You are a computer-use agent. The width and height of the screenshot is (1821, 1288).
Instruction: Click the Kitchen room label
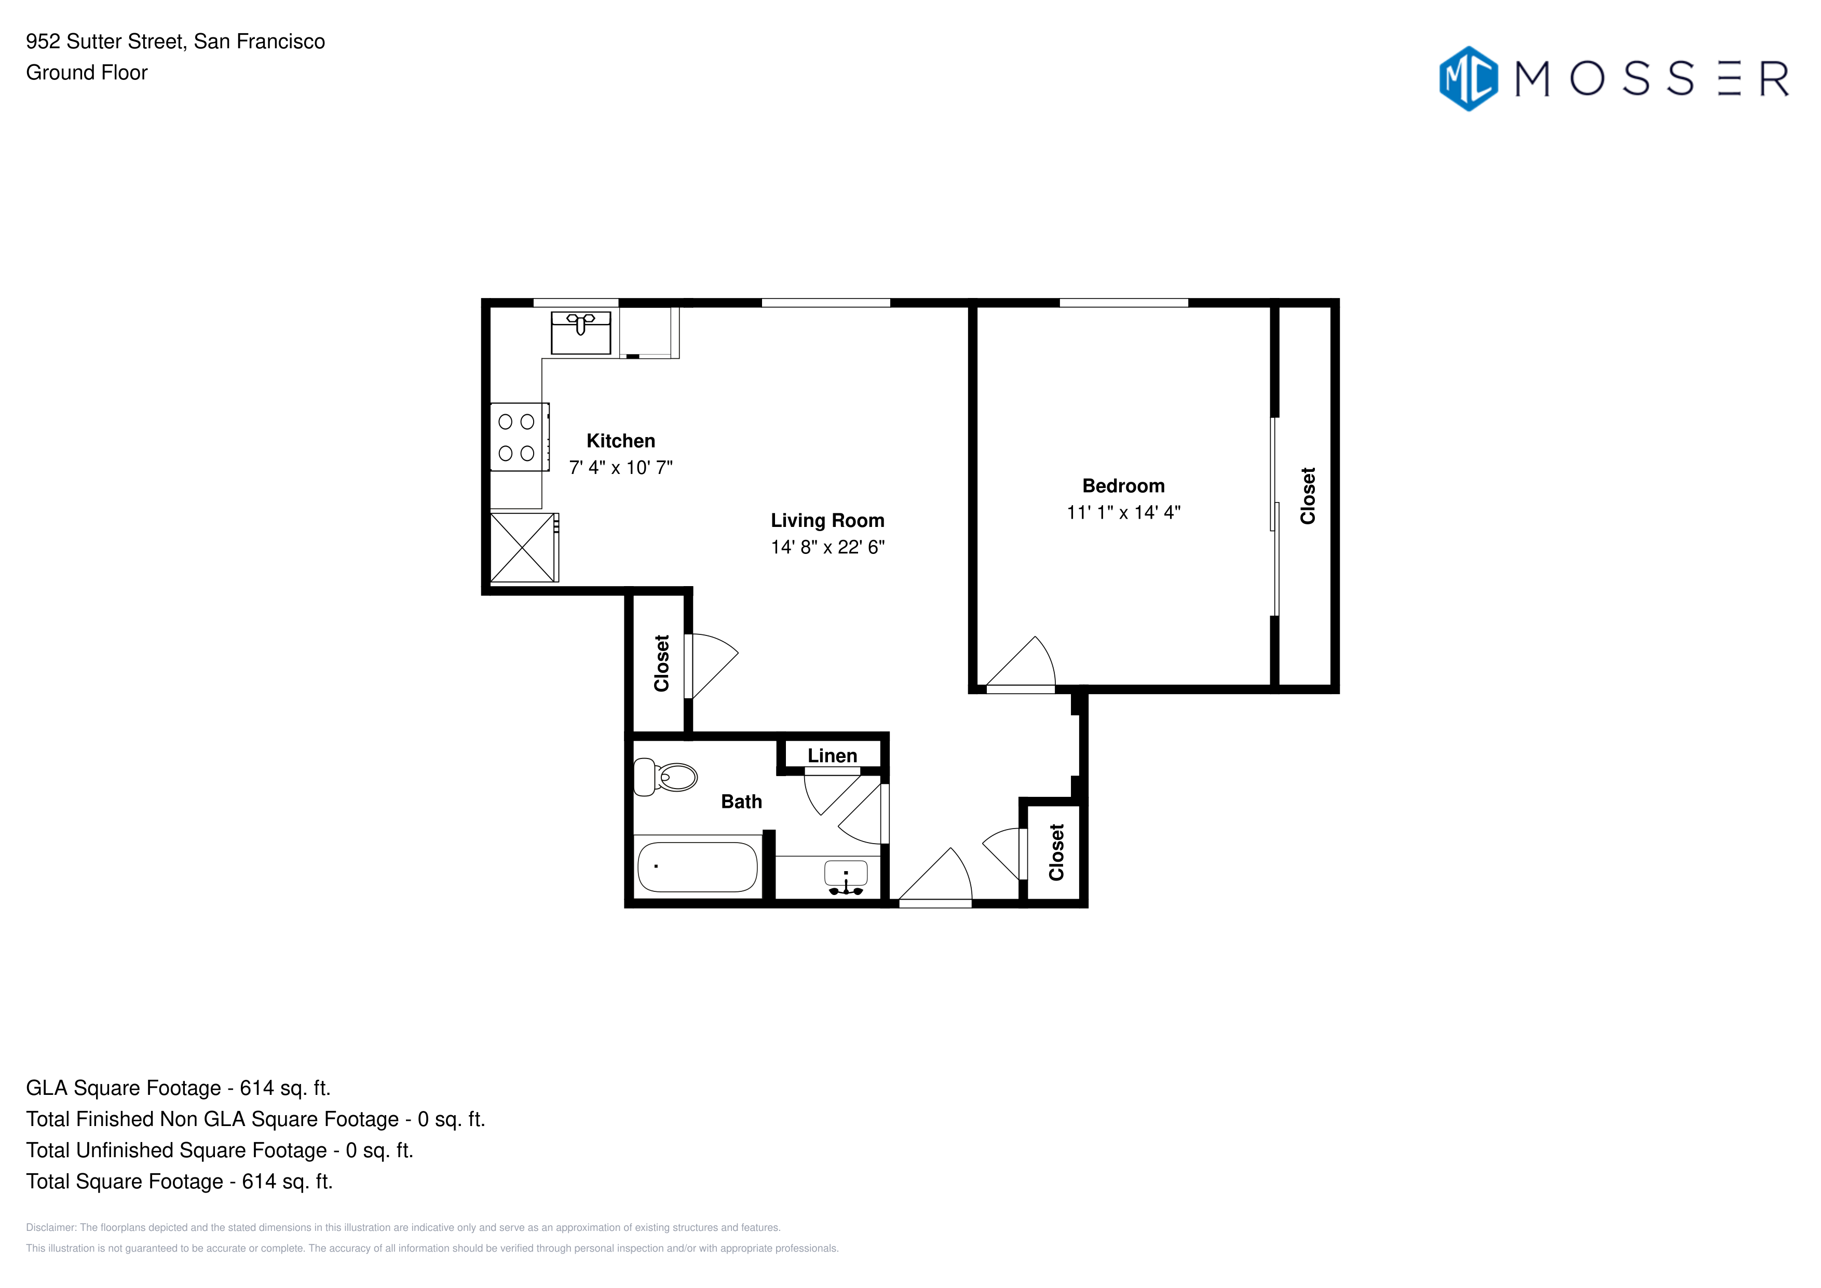pos(620,441)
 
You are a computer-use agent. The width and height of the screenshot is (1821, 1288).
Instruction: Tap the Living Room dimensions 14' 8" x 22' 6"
pos(827,547)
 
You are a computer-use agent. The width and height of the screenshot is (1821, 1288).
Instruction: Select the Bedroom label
pos(1123,485)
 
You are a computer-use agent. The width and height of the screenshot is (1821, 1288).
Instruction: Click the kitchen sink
pos(580,332)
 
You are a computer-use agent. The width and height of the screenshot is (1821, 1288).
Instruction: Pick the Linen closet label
pos(832,756)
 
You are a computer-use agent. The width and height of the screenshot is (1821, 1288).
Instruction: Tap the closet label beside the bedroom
pos(1308,496)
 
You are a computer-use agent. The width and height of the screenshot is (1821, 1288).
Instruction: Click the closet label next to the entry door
pos(1056,852)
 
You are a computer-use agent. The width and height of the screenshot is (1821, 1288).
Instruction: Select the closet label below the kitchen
pos(661,663)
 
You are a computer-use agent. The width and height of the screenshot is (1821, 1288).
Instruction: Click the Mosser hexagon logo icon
pos(1468,78)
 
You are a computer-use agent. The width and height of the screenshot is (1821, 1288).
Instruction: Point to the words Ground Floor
pos(87,73)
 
